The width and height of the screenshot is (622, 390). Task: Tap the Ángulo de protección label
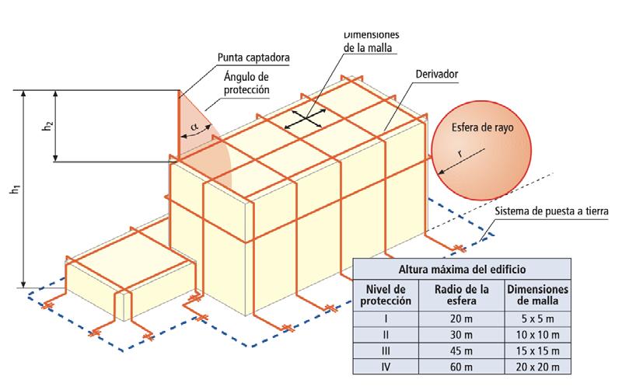point(246,82)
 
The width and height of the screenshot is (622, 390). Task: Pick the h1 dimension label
point(15,190)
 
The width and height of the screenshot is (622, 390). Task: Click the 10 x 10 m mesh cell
point(537,334)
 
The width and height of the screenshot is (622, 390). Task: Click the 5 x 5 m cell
point(537,318)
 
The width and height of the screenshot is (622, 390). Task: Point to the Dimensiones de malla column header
point(537,296)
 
